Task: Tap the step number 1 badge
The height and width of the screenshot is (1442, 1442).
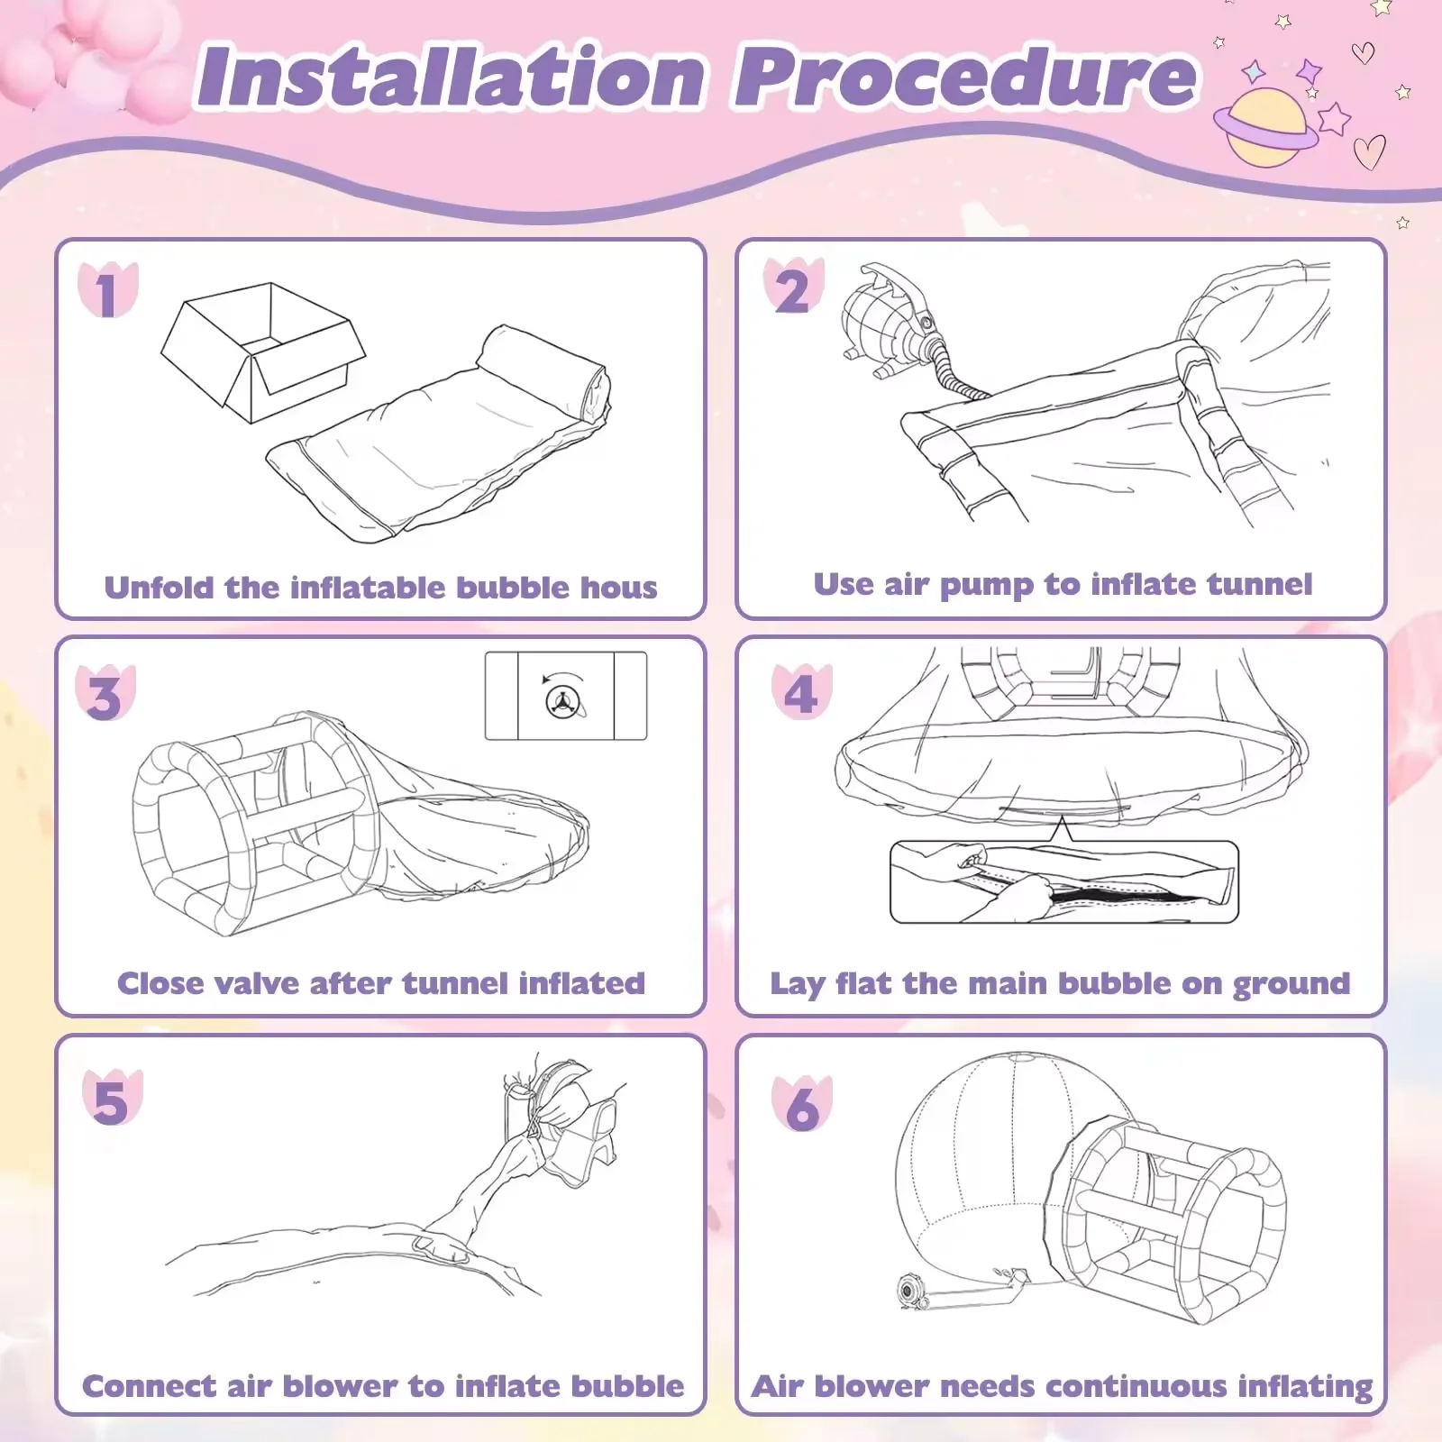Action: pos(107,292)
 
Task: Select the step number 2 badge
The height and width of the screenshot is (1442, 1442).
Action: pos(793,290)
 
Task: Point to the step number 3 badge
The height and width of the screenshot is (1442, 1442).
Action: pos(105,696)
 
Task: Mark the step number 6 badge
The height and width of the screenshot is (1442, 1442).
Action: pos(802,1105)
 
